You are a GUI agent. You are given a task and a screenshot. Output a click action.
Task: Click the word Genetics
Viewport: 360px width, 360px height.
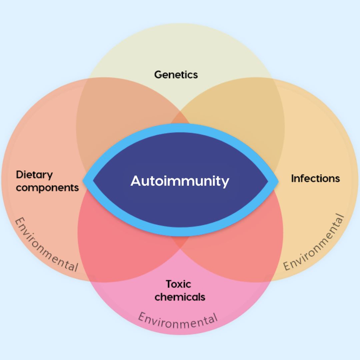coord(176,74)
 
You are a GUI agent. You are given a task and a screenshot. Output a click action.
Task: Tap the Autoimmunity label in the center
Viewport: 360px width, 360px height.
coord(180,181)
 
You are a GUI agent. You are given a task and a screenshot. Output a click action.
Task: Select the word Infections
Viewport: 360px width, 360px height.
coord(315,178)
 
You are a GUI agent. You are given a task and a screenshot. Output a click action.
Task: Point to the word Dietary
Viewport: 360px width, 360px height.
coord(34,175)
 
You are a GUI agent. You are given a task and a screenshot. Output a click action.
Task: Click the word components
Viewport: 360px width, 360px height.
coord(47,187)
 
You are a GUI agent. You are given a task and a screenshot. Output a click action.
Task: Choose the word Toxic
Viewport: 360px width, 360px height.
coord(178,284)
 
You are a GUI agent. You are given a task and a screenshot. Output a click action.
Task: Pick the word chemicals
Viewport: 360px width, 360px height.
coord(180,296)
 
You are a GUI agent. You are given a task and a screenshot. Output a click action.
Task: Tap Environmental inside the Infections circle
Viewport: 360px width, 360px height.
coord(313,243)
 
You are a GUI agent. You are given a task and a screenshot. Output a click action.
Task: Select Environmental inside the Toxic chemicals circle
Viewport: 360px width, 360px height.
coord(178,320)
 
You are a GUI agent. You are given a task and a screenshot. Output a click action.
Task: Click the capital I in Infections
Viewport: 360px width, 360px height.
coord(293,178)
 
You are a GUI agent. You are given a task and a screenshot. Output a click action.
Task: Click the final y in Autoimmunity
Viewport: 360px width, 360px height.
coord(225,183)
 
